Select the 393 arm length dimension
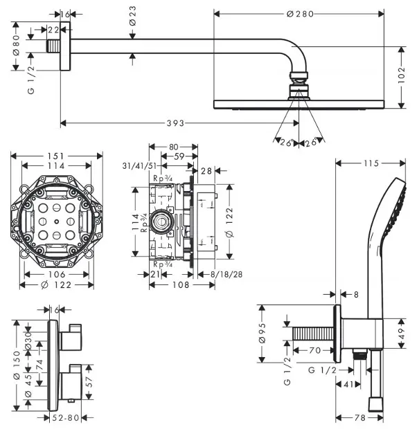(x=177, y=124)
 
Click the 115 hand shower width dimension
(x=371, y=163)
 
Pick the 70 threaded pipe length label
(x=315, y=350)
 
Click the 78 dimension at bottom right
(x=360, y=419)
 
